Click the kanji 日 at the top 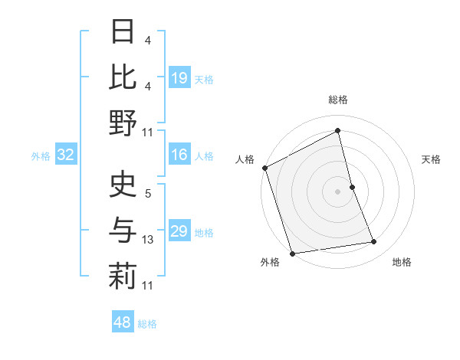click(123, 31)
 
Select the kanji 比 click(123, 77)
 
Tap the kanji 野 click(123, 122)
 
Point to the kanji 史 click(123, 186)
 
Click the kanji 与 click(123, 231)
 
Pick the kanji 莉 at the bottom click(123, 277)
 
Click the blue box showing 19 click(179, 78)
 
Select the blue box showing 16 click(179, 155)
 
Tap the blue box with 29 click(179, 232)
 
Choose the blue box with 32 click(65, 155)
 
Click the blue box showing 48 click(122, 322)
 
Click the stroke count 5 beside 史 click(148, 195)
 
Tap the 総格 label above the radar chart click(337, 100)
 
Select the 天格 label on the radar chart click(431, 159)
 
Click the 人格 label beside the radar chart click(245, 159)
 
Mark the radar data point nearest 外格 click(292, 253)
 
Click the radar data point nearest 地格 click(374, 242)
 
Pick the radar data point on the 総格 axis click(337, 131)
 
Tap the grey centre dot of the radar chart click(337, 191)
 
